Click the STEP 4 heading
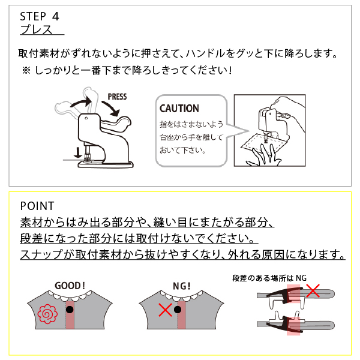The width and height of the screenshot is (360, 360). coord(40,17)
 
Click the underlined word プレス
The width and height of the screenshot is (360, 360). coord(36,30)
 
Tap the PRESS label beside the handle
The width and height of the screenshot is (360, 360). coord(117,97)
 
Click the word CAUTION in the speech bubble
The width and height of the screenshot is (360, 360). coord(179,109)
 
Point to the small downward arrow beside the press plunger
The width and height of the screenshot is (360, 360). coord(78,152)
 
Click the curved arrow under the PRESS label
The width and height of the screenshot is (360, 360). coord(111,109)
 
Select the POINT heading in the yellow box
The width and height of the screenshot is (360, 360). coord(37,206)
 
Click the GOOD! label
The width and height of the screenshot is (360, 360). coord(70,286)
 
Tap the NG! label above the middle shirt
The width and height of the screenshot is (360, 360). coord(182,286)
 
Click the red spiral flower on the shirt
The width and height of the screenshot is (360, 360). coord(47,314)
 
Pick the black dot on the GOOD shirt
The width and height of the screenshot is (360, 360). coord(70,310)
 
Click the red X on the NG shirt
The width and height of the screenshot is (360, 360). coord(166,310)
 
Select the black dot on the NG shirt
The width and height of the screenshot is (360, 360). coord(178,310)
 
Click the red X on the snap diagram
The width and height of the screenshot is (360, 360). coord(313,290)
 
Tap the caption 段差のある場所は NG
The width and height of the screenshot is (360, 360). coord(269,278)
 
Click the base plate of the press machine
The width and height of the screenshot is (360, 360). coord(106,164)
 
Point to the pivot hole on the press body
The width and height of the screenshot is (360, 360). coord(86,118)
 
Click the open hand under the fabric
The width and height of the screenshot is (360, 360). coord(264,155)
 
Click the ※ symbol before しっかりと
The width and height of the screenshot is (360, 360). coord(26,70)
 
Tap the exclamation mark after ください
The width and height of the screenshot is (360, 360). coord(230,70)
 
